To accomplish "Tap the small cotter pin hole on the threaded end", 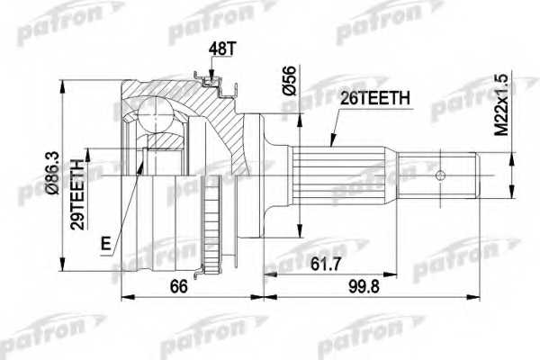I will (442, 175).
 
